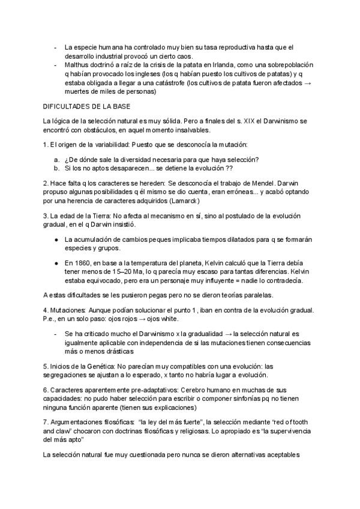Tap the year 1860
(x=83, y=263)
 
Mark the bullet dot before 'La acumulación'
(x=56, y=239)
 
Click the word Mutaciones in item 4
(x=68, y=310)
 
